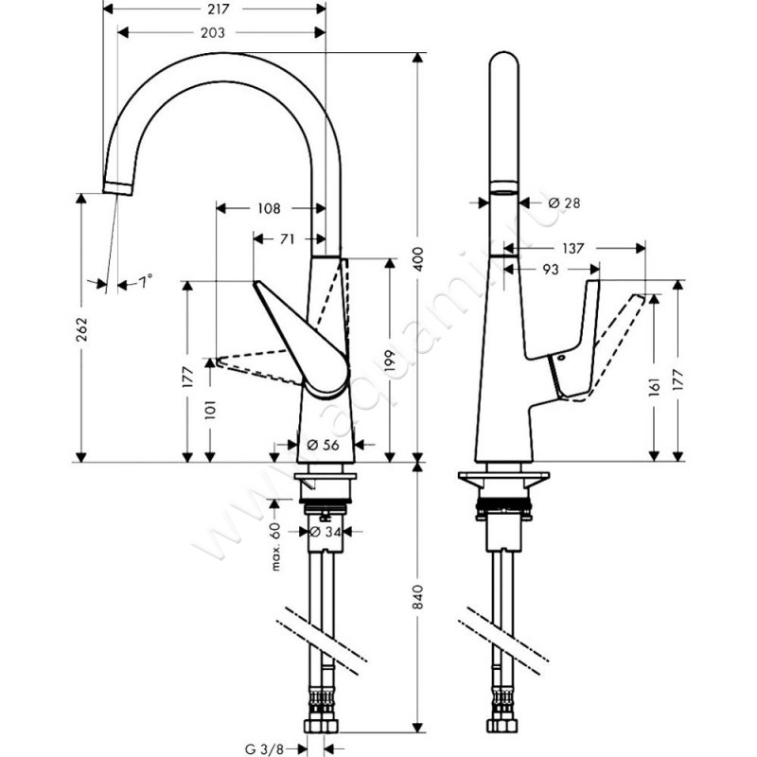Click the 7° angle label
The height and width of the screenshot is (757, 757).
click(144, 281)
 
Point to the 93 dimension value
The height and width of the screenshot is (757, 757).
click(551, 270)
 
